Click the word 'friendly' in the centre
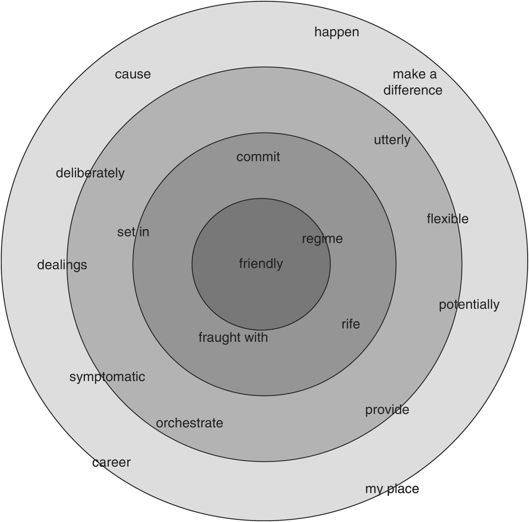click(x=261, y=264)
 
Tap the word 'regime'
click(x=322, y=239)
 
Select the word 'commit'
click(x=258, y=157)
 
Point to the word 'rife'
click(x=350, y=324)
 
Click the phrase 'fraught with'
click(x=233, y=337)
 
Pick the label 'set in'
click(x=133, y=232)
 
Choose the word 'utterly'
click(x=392, y=140)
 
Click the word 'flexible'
click(x=448, y=219)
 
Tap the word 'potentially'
click(x=469, y=305)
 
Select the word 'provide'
click(x=387, y=410)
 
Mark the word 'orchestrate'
click(x=189, y=423)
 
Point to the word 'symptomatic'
click(x=107, y=377)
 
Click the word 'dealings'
click(x=62, y=265)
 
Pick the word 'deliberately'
click(x=90, y=173)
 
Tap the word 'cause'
click(x=132, y=74)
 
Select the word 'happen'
click(x=337, y=32)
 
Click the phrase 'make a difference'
click(x=413, y=82)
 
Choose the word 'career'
click(x=111, y=462)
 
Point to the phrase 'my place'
click(x=392, y=489)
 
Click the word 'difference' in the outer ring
click(x=413, y=90)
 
